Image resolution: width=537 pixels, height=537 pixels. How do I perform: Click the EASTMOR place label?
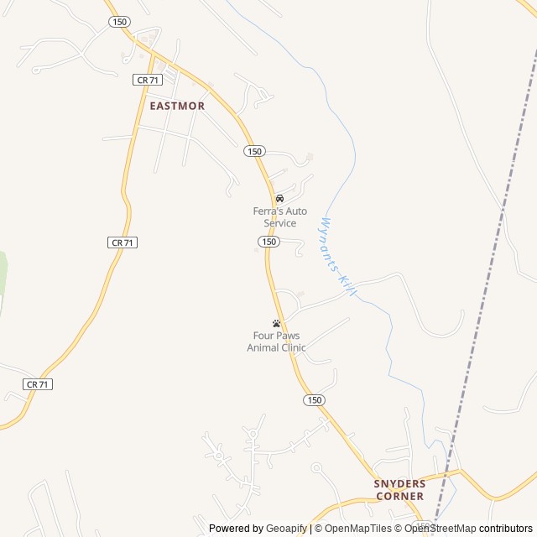pos(177,107)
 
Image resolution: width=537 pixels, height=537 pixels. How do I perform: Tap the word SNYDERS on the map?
pos(400,484)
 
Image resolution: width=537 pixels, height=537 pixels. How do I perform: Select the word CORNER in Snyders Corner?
pos(399,496)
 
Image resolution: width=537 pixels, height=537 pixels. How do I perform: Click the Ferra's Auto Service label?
pos(274,217)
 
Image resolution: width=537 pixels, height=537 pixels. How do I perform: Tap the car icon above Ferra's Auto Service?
pos(279,199)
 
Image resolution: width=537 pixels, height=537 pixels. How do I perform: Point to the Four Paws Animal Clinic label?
pos(276,341)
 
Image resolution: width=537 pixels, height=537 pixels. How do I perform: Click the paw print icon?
pos(276,323)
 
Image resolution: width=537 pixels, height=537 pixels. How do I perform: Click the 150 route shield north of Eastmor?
pos(120,22)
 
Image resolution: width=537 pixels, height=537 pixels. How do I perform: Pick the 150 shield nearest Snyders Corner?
pos(314,400)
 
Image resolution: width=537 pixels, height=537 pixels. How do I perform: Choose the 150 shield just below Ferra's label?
pos(268,242)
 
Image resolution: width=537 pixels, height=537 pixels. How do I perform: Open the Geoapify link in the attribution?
pos(287,529)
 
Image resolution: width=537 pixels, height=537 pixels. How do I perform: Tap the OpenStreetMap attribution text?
pos(440,529)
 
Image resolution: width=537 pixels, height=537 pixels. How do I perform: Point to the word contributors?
pos(506,529)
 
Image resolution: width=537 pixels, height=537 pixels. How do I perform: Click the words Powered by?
pos(236,529)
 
